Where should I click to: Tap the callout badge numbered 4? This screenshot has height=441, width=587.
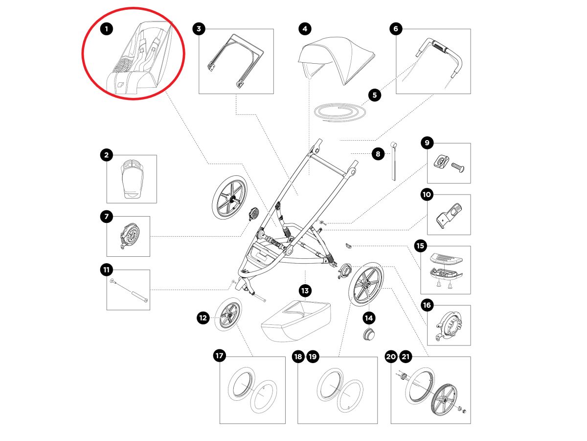[x=305, y=29]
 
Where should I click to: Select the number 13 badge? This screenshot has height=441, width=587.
[x=305, y=291]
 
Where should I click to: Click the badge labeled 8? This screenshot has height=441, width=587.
[x=378, y=154]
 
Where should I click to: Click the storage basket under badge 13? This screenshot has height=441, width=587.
[x=296, y=321]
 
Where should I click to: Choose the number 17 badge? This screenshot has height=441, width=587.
[x=220, y=356]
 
